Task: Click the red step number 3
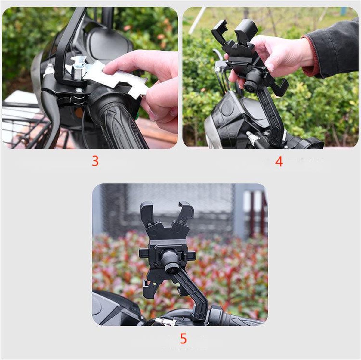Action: pos(95,161)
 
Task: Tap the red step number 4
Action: pos(279,162)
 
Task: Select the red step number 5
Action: pos(183,338)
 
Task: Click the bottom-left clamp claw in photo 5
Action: pos(148,290)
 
